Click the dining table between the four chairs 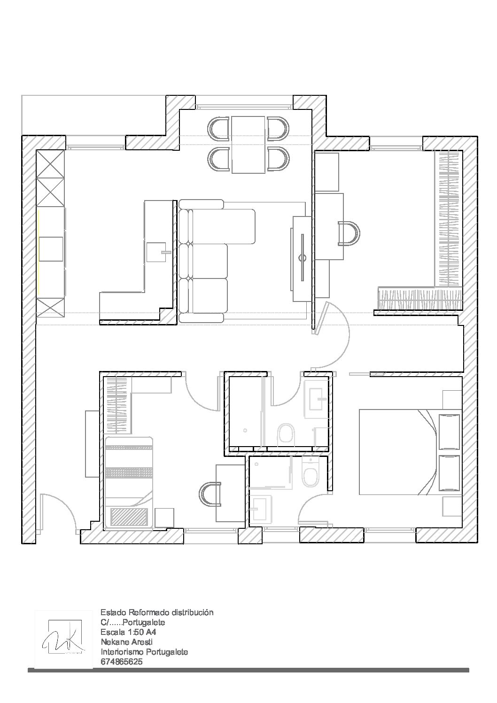click(x=248, y=145)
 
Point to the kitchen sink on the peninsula click(x=156, y=252)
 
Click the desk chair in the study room click(x=349, y=233)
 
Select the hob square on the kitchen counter click(x=51, y=249)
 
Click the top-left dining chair click(x=218, y=128)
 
